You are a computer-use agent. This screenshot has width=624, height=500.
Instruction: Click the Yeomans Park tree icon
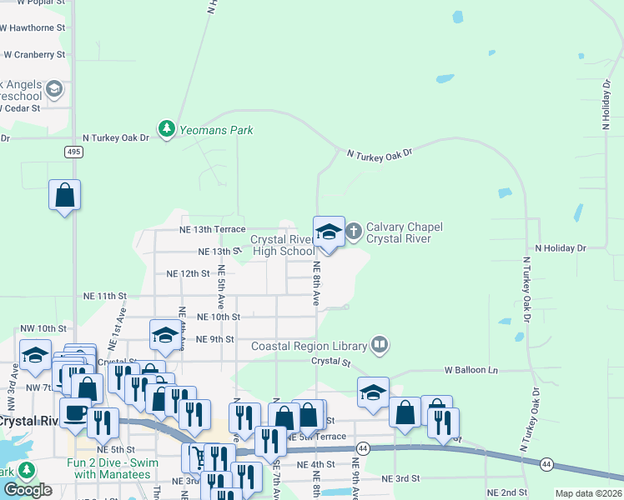167,129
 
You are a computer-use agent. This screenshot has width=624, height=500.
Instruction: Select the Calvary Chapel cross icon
353,231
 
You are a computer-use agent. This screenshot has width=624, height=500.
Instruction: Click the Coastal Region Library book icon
380,343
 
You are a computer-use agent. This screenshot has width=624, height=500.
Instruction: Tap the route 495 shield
74,151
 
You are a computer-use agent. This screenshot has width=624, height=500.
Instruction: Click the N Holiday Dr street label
561,248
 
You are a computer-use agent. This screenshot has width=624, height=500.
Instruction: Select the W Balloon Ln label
471,369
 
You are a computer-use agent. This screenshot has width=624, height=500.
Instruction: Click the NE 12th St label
188,273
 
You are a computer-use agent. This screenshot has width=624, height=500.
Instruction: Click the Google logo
28,489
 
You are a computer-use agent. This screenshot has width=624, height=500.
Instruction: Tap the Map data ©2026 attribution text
587,493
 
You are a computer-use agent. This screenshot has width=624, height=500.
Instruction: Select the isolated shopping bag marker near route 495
64,196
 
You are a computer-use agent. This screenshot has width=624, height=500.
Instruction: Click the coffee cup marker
75,412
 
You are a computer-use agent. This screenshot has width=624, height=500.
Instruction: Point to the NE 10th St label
218,317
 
